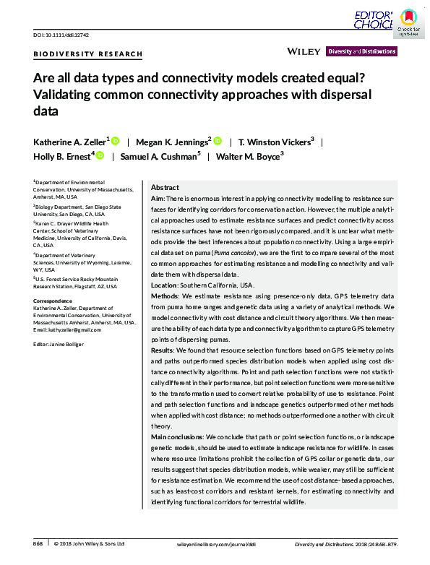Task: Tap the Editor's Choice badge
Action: pos(374,20)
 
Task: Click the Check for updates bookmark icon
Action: pos(408,20)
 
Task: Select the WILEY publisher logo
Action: pos(304,51)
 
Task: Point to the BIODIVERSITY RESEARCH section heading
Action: pos(88,55)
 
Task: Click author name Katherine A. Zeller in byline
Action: pos(70,142)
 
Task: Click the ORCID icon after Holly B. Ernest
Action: pos(100,156)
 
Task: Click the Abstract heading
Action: pos(165,187)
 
